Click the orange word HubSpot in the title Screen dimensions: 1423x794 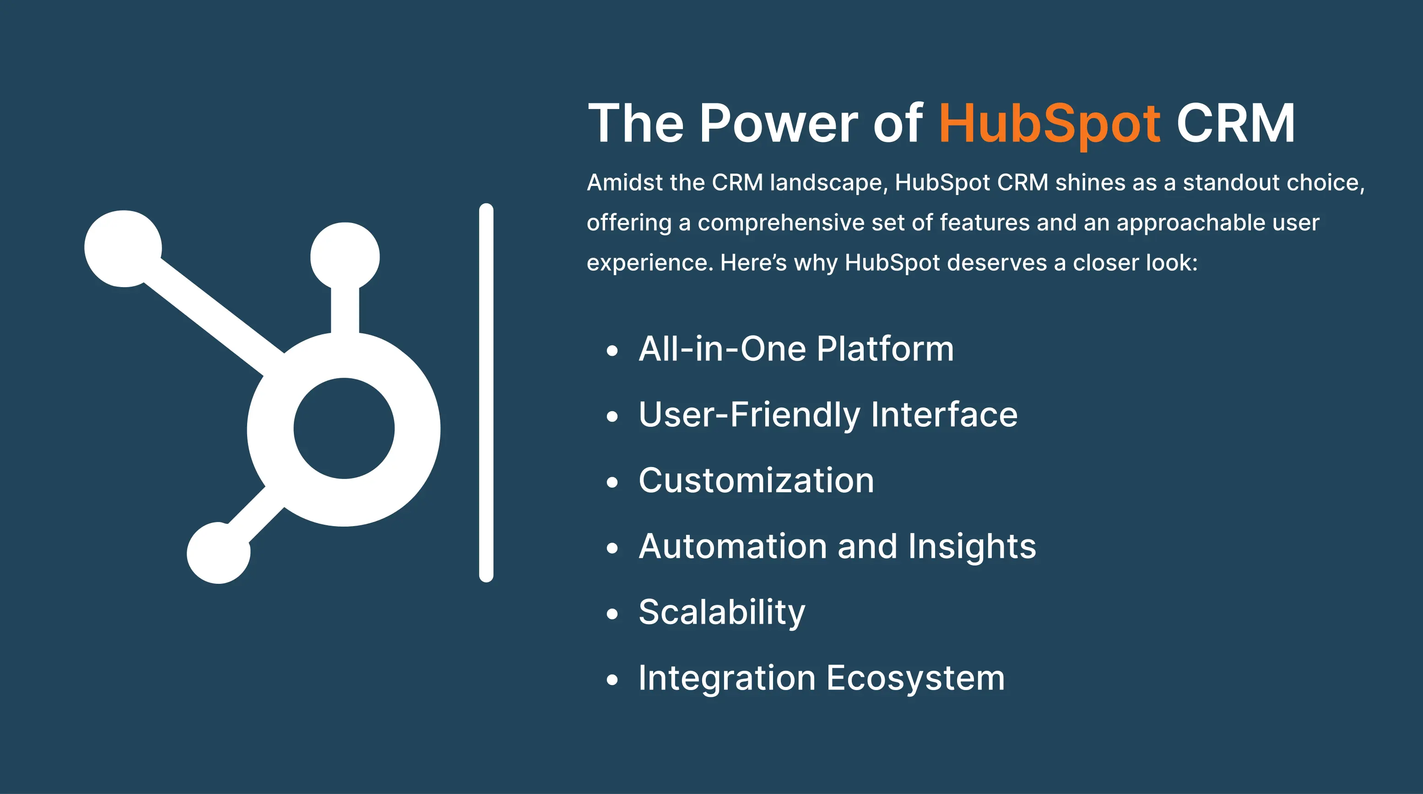[x=1050, y=125]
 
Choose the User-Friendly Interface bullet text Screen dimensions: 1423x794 [x=828, y=415]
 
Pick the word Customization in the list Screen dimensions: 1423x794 [x=756, y=480]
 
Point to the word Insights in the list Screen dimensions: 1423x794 [x=972, y=548]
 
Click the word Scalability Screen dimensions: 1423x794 [x=722, y=613]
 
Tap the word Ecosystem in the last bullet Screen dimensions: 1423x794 [x=916, y=679]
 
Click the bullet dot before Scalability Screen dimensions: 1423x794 [x=612, y=615]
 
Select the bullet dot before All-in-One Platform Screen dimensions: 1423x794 [x=612, y=351]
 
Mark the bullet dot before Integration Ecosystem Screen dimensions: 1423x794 [x=612, y=680]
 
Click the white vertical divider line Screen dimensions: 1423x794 [x=486, y=393]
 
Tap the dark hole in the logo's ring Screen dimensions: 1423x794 [x=344, y=428]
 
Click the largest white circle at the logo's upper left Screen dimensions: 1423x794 [x=123, y=249]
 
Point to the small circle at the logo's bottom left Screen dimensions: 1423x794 [x=219, y=553]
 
